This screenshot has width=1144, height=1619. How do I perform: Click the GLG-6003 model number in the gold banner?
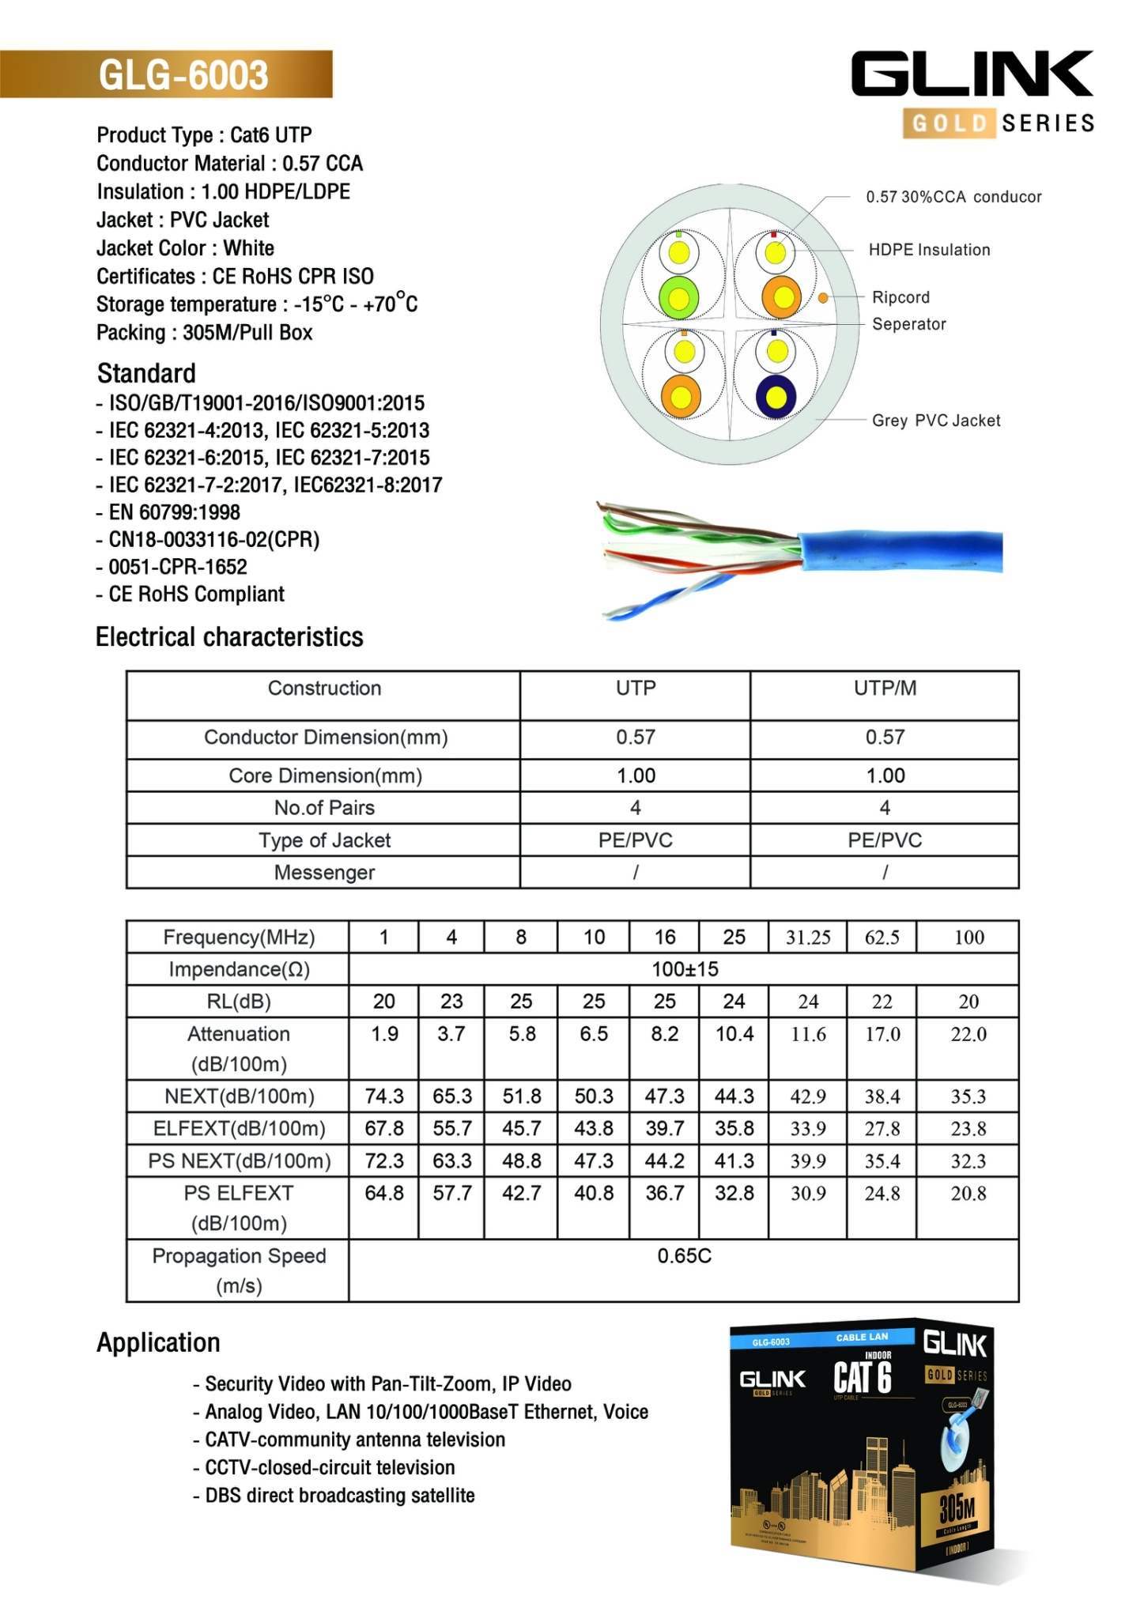(183, 75)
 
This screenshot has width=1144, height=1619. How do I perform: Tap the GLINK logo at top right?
(972, 75)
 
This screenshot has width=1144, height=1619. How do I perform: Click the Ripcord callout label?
(900, 297)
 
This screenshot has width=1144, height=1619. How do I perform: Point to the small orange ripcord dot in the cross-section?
(823, 298)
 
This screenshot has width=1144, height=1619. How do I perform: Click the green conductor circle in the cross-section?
(678, 298)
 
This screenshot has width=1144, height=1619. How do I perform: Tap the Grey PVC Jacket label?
(935, 421)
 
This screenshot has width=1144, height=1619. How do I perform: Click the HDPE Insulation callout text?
(929, 250)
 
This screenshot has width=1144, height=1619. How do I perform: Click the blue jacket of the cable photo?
(901, 552)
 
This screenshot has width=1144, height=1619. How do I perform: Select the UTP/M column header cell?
(884, 689)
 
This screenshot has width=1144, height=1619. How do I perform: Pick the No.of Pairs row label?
(324, 808)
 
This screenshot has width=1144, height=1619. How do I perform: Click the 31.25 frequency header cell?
(807, 938)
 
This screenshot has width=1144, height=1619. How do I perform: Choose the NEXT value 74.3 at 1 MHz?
(384, 1096)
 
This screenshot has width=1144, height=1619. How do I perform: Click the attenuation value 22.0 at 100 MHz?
(968, 1035)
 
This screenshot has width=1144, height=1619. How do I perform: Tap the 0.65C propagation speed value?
(684, 1256)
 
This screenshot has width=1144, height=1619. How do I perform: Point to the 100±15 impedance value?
(684, 969)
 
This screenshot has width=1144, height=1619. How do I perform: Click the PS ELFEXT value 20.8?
(968, 1194)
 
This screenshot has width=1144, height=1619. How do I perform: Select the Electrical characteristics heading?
(229, 637)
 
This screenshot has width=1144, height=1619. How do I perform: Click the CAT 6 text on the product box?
(863, 1378)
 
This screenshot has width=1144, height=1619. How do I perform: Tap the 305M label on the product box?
(957, 1508)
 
